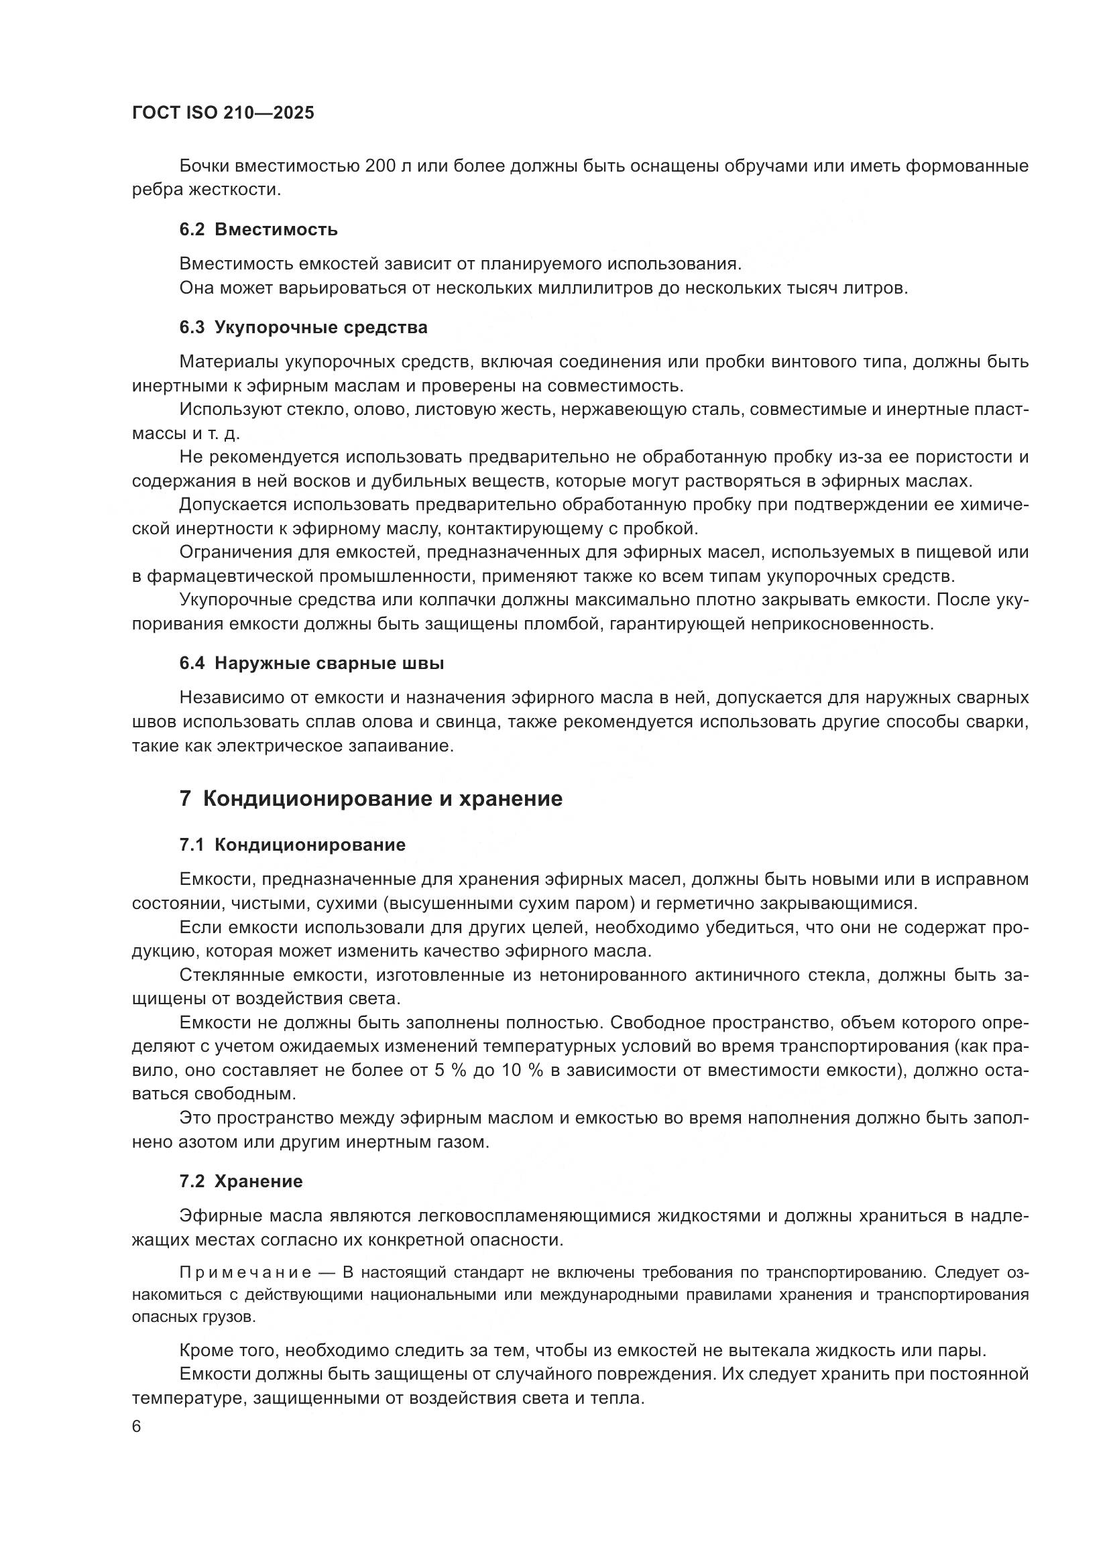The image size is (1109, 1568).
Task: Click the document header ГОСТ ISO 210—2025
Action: pyautogui.click(x=223, y=113)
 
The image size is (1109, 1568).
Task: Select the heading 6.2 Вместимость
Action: pyautogui.click(x=258, y=229)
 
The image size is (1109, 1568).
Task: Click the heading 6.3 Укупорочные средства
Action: pyautogui.click(x=303, y=327)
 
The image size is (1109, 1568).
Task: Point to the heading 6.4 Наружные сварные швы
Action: pyautogui.click(x=311, y=663)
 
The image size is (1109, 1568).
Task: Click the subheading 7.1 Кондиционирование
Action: pyautogui.click(x=292, y=845)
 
